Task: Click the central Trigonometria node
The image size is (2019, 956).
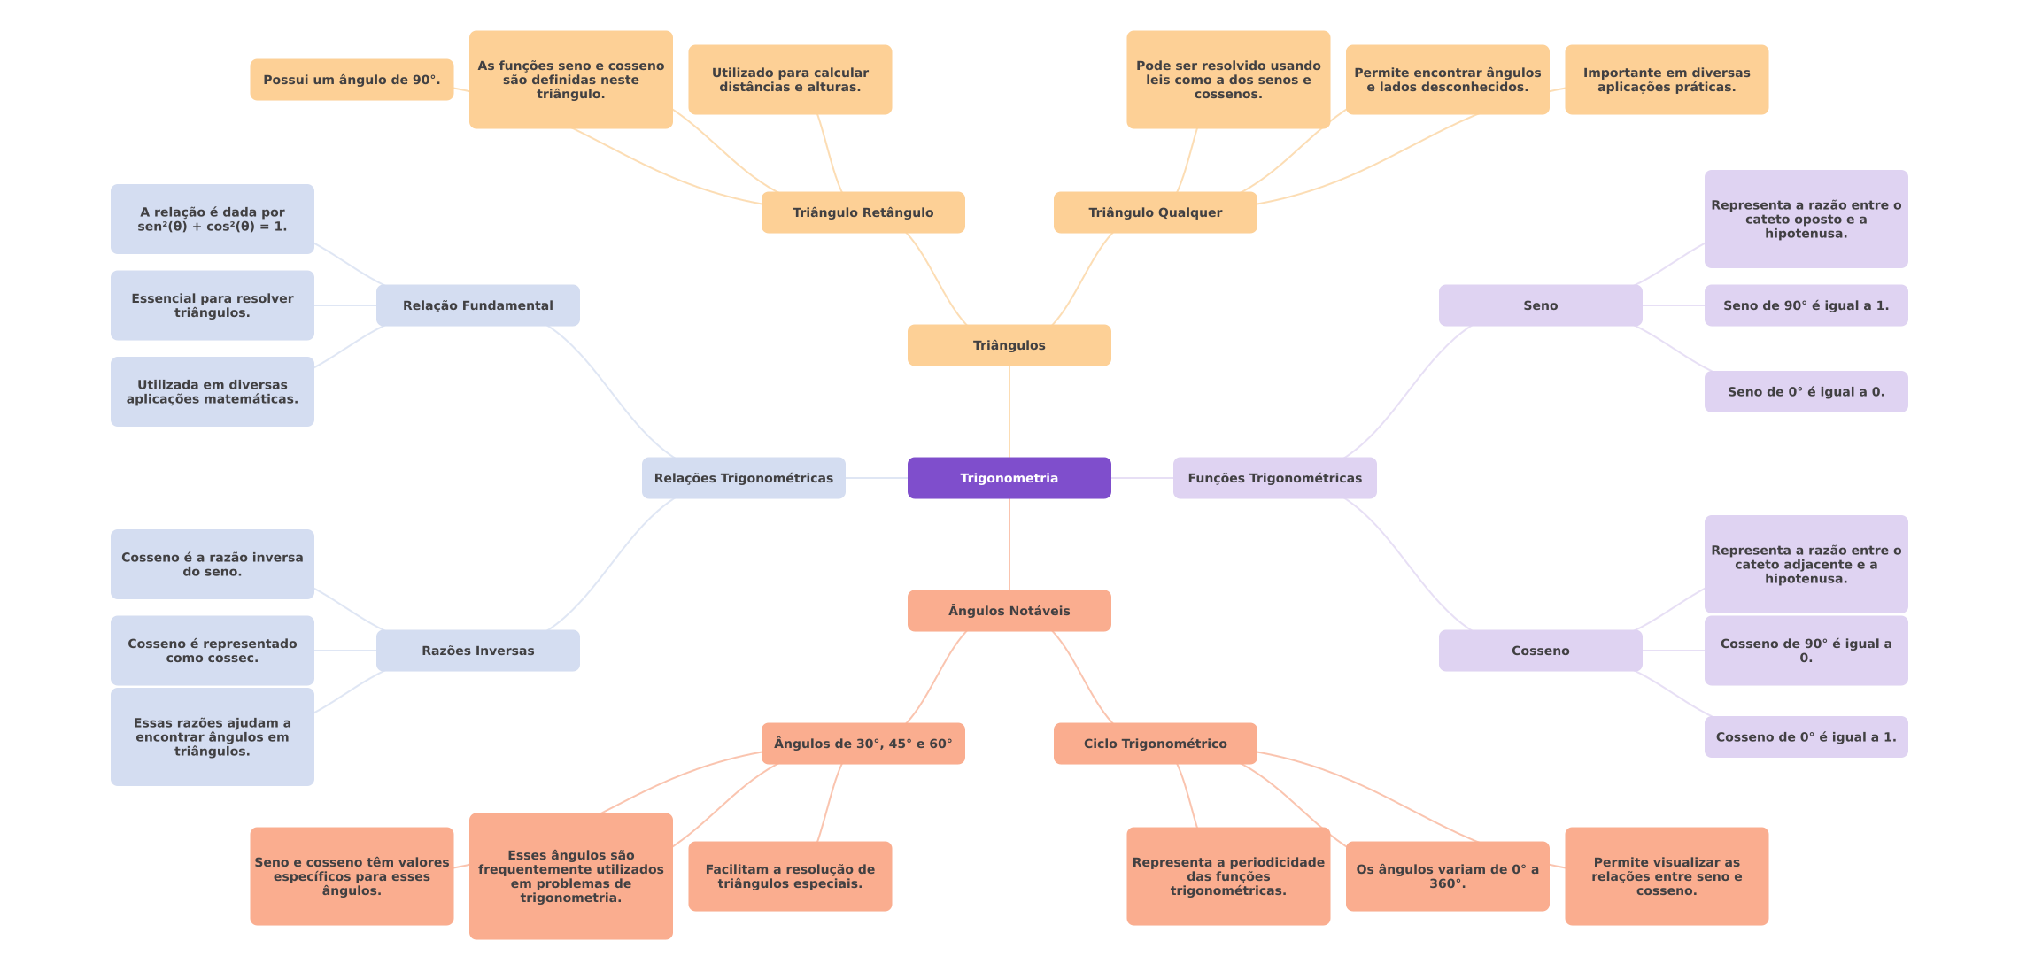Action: (x=1009, y=478)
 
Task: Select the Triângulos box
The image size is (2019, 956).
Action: (x=1009, y=345)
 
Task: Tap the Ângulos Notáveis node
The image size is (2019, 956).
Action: (x=1009, y=611)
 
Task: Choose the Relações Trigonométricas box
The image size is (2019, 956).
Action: (x=743, y=478)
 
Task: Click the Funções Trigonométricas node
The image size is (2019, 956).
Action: (x=1274, y=478)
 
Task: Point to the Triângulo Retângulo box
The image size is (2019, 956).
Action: (x=863, y=212)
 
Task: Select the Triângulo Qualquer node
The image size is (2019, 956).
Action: (x=1155, y=212)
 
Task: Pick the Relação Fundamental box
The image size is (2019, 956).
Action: (x=477, y=305)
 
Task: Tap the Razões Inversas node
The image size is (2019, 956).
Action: (x=477, y=651)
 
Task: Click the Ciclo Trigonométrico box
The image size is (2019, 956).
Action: (x=1155, y=744)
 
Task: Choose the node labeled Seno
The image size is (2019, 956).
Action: (x=1540, y=305)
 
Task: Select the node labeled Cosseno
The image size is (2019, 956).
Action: (x=1540, y=651)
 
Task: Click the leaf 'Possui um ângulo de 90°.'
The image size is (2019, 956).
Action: (x=352, y=80)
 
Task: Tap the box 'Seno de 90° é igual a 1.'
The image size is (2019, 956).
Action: (x=1806, y=305)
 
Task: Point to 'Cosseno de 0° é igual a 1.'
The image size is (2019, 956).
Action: (x=1806, y=736)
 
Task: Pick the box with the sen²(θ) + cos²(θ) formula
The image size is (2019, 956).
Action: (x=212, y=219)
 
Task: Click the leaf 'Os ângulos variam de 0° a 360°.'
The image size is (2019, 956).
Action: (x=1447, y=876)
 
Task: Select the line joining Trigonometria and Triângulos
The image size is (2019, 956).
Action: (x=1009, y=412)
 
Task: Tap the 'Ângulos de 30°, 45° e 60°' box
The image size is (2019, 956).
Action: (x=863, y=744)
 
